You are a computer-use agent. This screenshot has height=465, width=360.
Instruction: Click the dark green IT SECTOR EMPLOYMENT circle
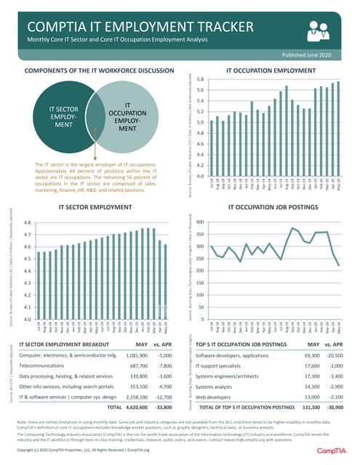59,116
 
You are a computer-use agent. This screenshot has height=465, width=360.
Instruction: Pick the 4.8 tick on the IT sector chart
27,223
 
